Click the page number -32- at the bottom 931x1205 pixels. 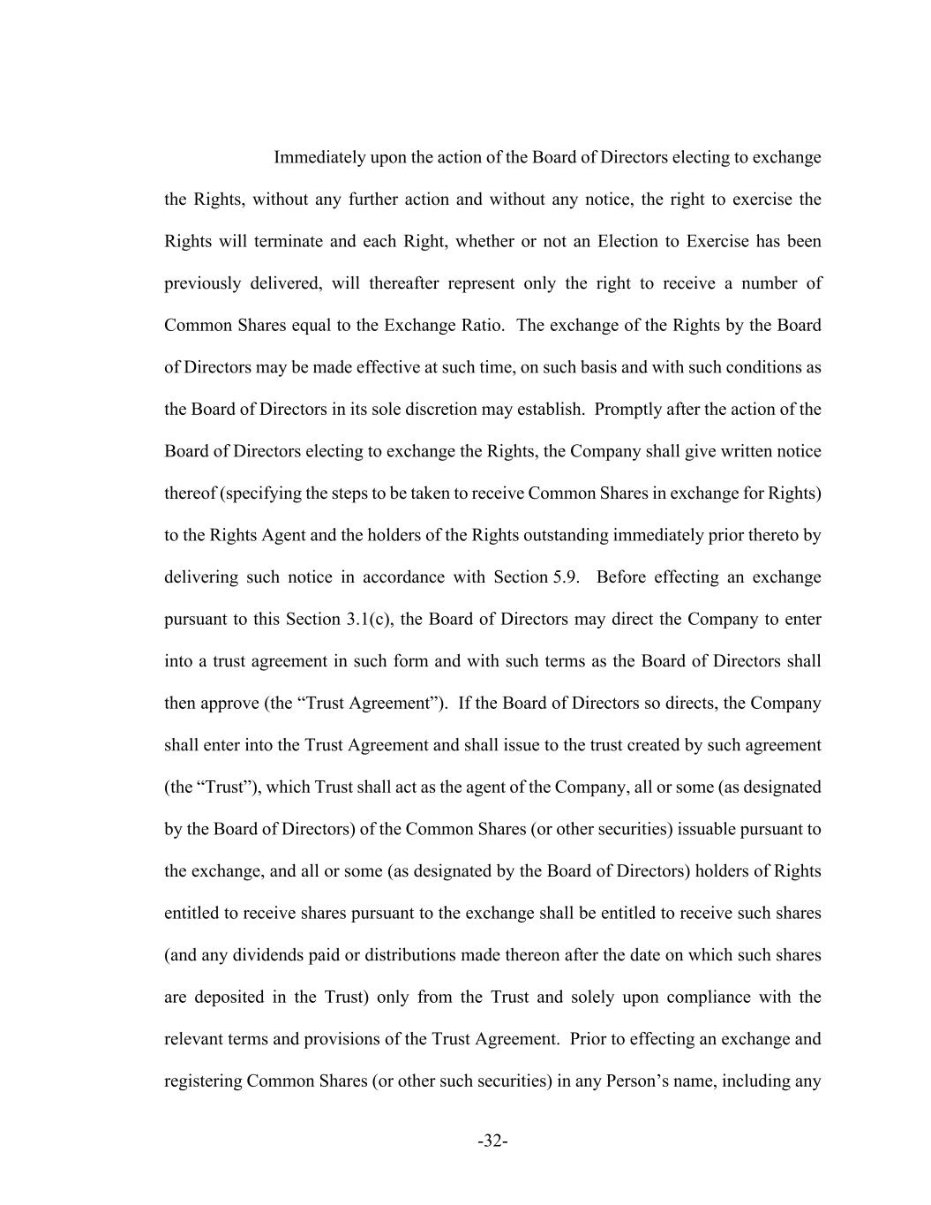point(492,1141)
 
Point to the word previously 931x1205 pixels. point(202,283)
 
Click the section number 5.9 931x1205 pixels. point(566,577)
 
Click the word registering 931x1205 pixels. point(202,1081)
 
